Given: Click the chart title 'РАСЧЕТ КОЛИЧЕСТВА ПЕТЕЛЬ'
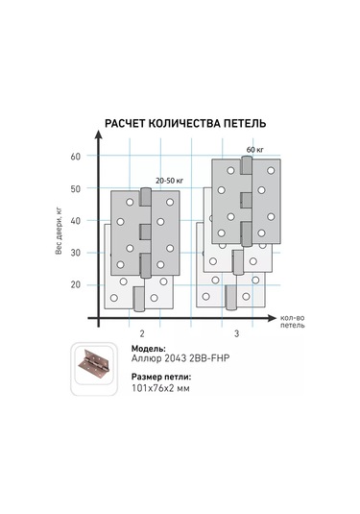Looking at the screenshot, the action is [x=185, y=124].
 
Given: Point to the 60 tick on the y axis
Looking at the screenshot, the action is [x=75, y=157].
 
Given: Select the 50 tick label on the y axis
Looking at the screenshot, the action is [x=75, y=188].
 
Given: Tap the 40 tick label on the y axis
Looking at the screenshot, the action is [x=75, y=221].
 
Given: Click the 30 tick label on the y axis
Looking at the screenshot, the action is [x=75, y=253].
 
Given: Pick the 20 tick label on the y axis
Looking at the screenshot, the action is [x=75, y=284].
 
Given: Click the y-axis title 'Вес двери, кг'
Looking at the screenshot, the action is [x=59, y=231].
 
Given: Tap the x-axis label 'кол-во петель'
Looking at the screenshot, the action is [x=293, y=322].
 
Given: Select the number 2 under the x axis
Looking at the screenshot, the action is [x=142, y=333].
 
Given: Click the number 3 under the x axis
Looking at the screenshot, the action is [x=236, y=333].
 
